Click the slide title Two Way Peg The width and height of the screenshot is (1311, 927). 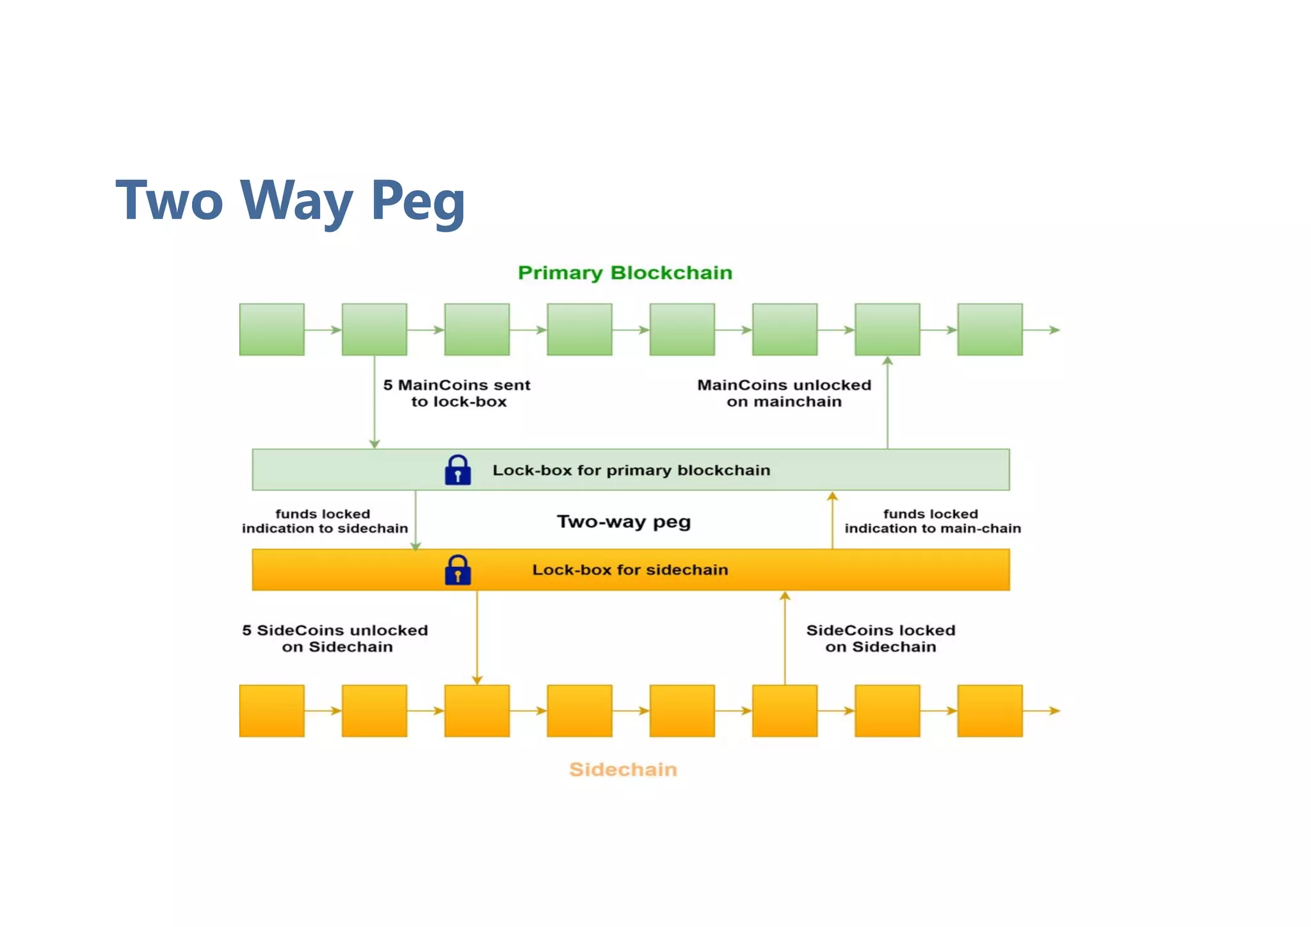point(290,201)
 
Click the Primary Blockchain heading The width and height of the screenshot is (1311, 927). point(625,273)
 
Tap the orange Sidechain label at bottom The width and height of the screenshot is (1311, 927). point(623,769)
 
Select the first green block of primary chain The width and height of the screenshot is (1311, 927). point(271,330)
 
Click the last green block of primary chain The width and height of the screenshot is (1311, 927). point(990,330)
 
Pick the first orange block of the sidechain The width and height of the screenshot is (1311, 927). point(271,711)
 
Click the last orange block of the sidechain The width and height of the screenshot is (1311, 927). point(990,711)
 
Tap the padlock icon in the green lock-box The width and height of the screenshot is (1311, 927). point(458,471)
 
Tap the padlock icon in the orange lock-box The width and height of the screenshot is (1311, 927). point(458,570)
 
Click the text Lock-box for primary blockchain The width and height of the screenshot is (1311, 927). point(631,471)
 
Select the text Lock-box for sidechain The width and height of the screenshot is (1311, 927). point(630,570)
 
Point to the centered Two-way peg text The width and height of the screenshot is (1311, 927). point(623,522)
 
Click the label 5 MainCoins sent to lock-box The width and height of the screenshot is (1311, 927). point(457,393)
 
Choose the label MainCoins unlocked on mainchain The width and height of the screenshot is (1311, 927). point(784,393)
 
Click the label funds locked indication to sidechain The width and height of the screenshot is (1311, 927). point(325,521)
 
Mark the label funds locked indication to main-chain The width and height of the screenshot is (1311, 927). point(932,521)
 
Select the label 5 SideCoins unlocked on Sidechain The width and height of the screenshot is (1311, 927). point(335,638)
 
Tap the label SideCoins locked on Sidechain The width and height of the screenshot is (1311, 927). point(881,638)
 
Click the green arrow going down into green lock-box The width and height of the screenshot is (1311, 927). point(374,403)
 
